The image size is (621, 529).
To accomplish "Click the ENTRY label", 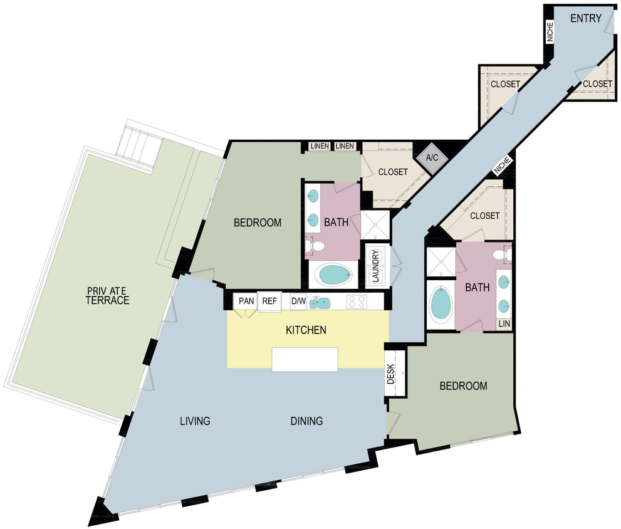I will [x=585, y=18].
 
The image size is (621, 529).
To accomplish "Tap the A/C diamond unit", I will [x=432, y=157].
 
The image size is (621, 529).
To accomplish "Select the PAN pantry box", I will [x=246, y=301].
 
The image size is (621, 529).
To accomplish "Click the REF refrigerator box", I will [x=269, y=301].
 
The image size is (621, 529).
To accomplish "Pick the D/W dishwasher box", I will [x=299, y=301].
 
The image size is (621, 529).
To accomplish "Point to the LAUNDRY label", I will [x=375, y=266].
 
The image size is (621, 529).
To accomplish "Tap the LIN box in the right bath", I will [x=504, y=324].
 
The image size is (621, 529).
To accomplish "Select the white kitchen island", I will [x=305, y=359].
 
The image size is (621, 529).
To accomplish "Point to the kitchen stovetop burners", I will [x=357, y=301].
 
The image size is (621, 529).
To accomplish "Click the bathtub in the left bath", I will [x=333, y=274].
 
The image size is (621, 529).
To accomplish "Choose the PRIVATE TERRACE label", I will [x=108, y=295].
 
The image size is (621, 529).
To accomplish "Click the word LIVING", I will [x=194, y=421].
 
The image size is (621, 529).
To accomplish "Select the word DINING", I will [x=306, y=421].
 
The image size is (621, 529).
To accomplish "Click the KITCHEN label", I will [x=306, y=330].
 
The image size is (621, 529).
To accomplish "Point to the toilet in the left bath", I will [x=315, y=246].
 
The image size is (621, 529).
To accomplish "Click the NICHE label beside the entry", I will [x=550, y=32].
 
